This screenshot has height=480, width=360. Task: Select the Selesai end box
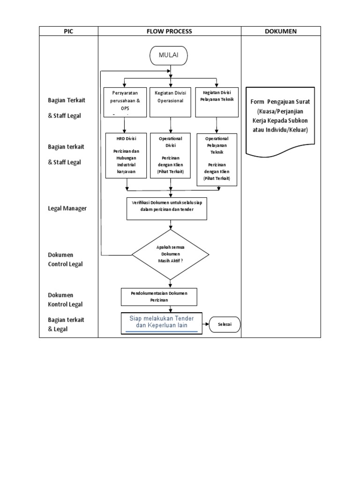[225, 324]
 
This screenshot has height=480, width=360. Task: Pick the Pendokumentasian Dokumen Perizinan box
[159, 296]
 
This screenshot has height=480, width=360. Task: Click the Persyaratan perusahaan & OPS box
[124, 102]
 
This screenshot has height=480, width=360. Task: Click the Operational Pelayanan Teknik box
[217, 159]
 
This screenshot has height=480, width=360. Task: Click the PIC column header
[68, 31]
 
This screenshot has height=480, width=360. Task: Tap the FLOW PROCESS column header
[169, 31]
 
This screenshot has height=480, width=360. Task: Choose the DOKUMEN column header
[281, 31]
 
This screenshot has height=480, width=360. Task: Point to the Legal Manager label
[67, 208]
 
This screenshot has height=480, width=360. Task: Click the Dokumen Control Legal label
[65, 259]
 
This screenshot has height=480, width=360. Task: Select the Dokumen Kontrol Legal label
[65, 300]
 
